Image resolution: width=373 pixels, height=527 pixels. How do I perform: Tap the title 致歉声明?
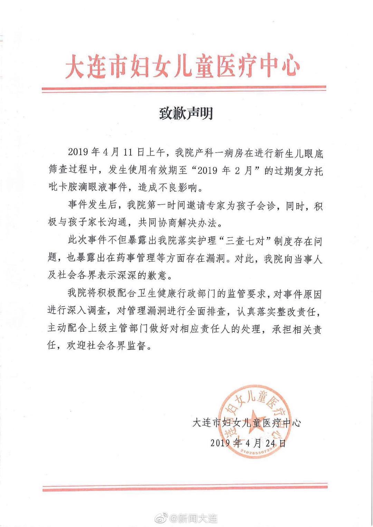pos(186,113)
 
